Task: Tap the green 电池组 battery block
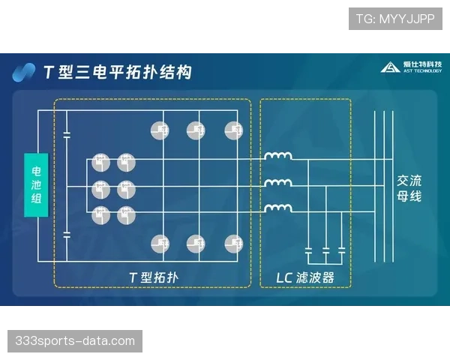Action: pyautogui.click(x=36, y=185)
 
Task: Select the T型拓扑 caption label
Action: pyautogui.click(x=152, y=277)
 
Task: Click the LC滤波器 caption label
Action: pyautogui.click(x=304, y=277)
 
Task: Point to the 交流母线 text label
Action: pyautogui.click(x=409, y=187)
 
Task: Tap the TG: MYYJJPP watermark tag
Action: pyautogui.click(x=395, y=19)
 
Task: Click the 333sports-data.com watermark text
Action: pyautogui.click(x=75, y=341)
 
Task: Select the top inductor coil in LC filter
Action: pyautogui.click(x=278, y=157)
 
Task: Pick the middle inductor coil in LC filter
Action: pyautogui.click(x=278, y=182)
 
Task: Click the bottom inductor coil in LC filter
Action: pyautogui.click(x=278, y=208)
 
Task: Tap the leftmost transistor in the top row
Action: pyautogui.click(x=159, y=130)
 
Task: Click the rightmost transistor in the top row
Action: pyautogui.click(x=233, y=130)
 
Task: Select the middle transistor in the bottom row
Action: pyautogui.click(x=196, y=243)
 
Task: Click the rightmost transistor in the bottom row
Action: pyautogui.click(x=233, y=243)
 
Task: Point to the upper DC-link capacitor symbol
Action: pyautogui.click(x=67, y=134)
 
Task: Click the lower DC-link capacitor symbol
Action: pyautogui.click(x=67, y=235)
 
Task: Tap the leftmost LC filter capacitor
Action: pyautogui.click(x=309, y=248)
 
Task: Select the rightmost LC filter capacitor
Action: pyautogui.click(x=342, y=248)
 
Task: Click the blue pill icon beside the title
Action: pyautogui.click(x=25, y=72)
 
